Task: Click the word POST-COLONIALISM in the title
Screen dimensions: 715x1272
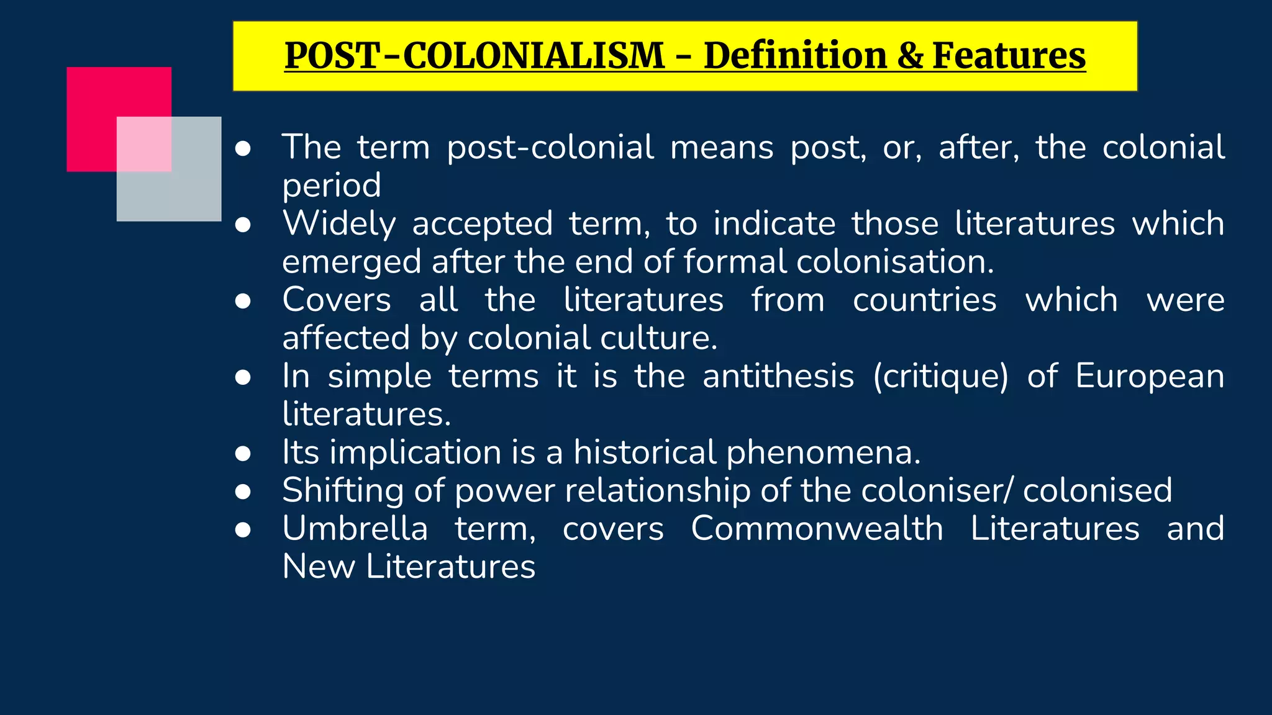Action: (x=475, y=56)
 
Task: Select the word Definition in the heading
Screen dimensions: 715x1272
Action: (x=796, y=56)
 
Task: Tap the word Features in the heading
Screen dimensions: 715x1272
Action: (x=1009, y=56)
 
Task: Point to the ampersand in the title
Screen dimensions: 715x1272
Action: (x=911, y=56)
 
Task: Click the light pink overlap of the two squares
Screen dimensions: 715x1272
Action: (x=144, y=144)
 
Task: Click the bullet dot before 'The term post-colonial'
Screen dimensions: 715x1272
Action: (x=243, y=148)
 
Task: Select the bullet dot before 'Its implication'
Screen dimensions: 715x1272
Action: (x=243, y=453)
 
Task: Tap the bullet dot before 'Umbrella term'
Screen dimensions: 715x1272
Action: (x=243, y=529)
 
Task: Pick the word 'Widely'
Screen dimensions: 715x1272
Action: (x=339, y=223)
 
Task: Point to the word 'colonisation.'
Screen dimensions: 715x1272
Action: (x=895, y=261)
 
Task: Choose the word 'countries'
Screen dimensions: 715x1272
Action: (x=924, y=300)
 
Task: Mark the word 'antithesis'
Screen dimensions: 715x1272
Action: (x=778, y=376)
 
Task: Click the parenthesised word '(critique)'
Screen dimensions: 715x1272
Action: (x=940, y=377)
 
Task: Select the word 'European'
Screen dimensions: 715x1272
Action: (x=1150, y=377)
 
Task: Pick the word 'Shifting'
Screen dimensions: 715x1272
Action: (x=343, y=491)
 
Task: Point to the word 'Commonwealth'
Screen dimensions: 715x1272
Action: (x=817, y=529)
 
